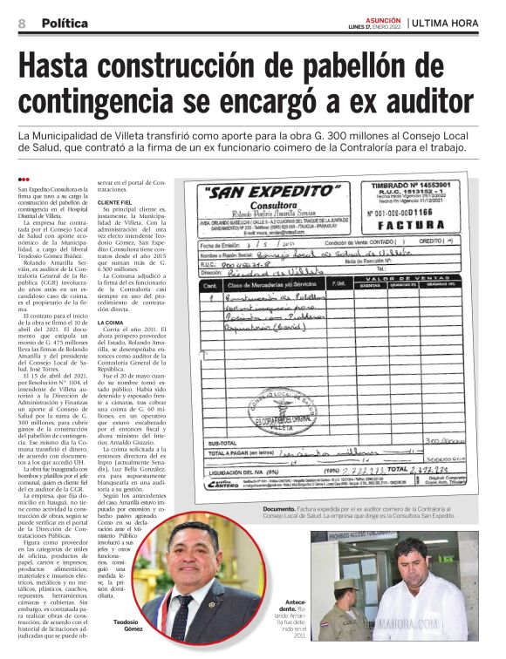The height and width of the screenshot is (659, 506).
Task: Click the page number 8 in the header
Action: (x=20, y=23)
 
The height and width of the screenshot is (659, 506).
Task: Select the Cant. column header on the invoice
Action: (x=209, y=284)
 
